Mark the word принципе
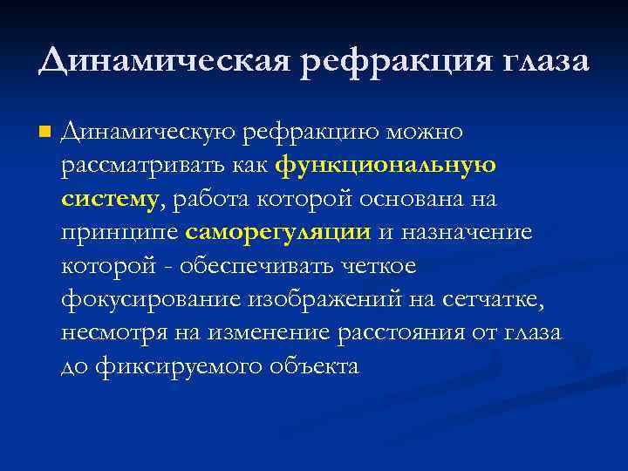click(x=119, y=233)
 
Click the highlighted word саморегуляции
click(x=278, y=233)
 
